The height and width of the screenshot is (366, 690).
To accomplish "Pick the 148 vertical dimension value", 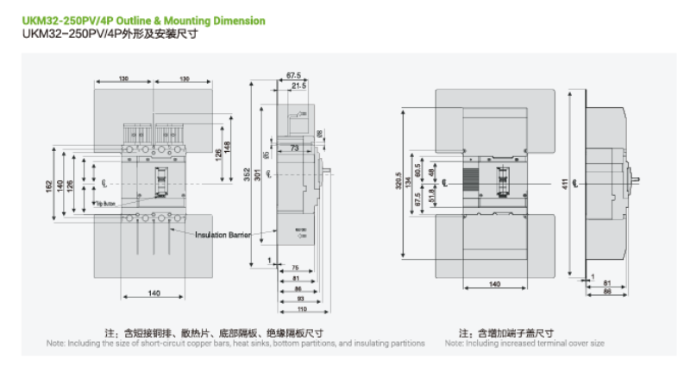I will pyautogui.click(x=227, y=148).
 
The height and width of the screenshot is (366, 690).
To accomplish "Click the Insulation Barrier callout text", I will pyautogui.click(x=222, y=235).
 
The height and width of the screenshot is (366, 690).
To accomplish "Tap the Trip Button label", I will pyautogui.click(x=106, y=205).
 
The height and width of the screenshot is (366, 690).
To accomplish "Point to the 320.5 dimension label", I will pyautogui.click(x=409, y=184).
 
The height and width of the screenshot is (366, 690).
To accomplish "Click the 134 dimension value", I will pyautogui.click(x=418, y=184).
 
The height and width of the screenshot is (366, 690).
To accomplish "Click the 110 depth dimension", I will pyautogui.click(x=302, y=308).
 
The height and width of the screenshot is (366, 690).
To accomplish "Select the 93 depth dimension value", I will pyautogui.click(x=298, y=299).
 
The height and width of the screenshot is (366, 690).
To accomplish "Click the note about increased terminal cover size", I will pyautogui.click(x=524, y=343).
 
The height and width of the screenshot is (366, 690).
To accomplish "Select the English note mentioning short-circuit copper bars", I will pyautogui.click(x=235, y=343).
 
